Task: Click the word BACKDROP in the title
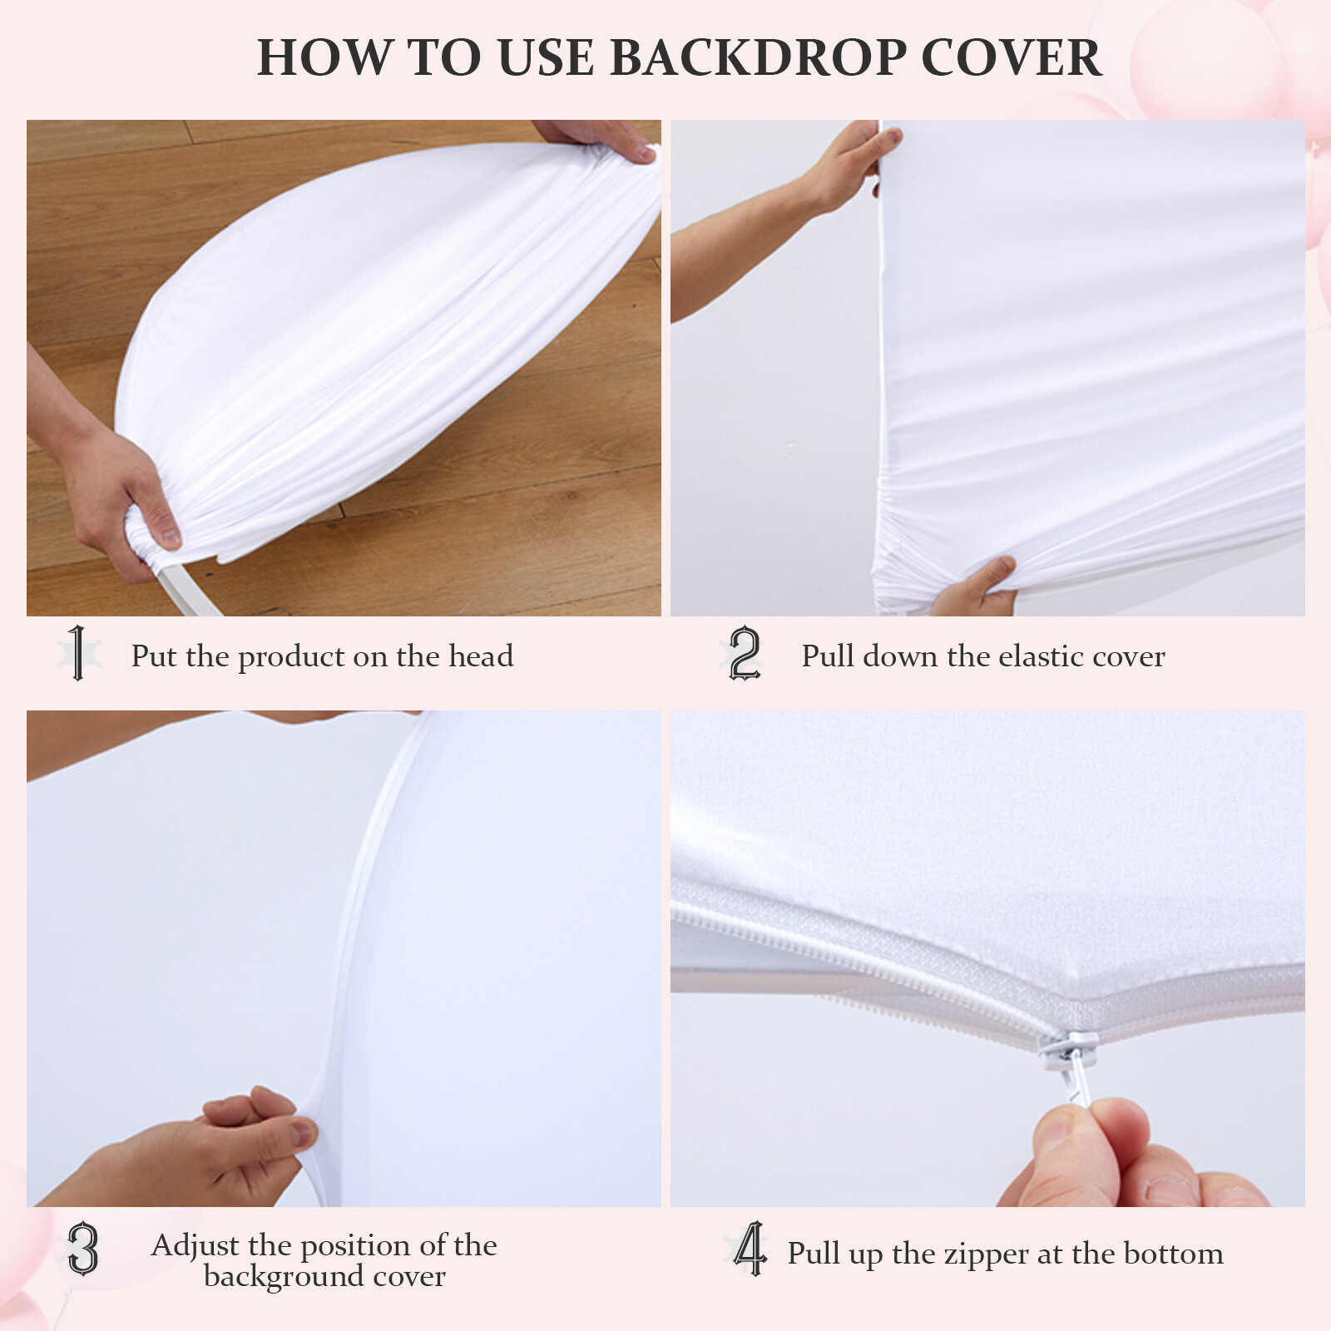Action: [x=758, y=58]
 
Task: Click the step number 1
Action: [x=78, y=653]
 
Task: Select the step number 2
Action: [x=745, y=654]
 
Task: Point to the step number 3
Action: [x=82, y=1249]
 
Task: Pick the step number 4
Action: [x=750, y=1249]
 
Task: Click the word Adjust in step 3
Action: [x=195, y=1245]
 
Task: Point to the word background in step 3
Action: [x=284, y=1276]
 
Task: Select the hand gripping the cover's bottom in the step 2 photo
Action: [x=978, y=586]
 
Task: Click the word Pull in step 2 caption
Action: [x=828, y=656]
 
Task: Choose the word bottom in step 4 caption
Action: [x=1173, y=1254]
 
